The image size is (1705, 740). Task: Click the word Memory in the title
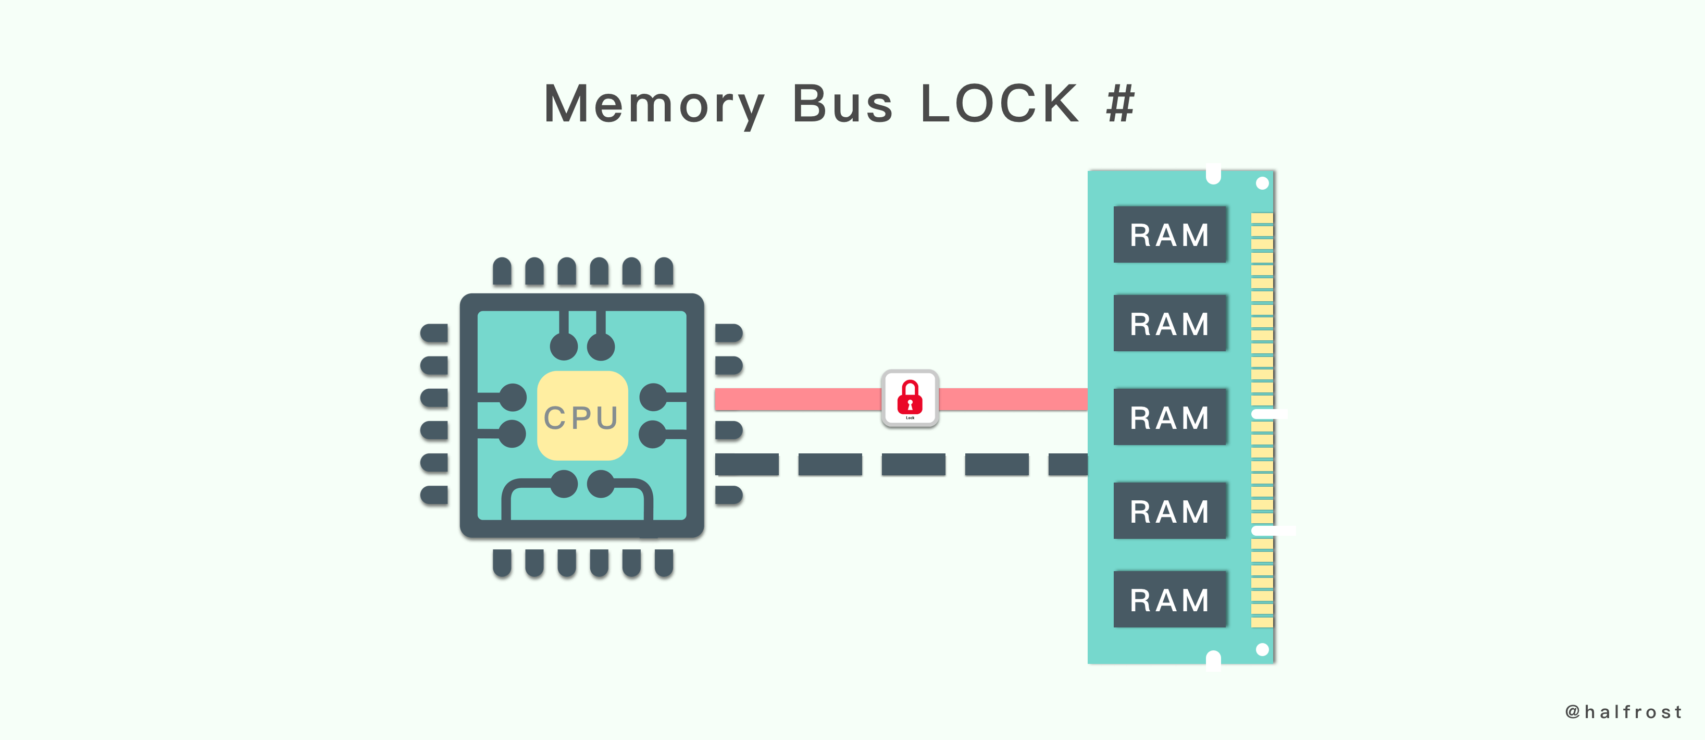(x=654, y=105)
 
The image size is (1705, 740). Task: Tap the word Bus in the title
(x=842, y=105)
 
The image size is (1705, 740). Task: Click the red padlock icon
(x=910, y=398)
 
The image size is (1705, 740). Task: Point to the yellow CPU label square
(x=582, y=416)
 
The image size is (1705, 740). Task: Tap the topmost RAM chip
(x=1169, y=235)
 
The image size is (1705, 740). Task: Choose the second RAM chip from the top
(x=1169, y=323)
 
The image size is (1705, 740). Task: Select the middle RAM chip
(x=1169, y=417)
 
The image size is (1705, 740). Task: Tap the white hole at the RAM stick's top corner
(x=1262, y=183)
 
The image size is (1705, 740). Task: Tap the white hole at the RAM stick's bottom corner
(x=1262, y=649)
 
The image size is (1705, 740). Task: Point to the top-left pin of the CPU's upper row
(x=502, y=272)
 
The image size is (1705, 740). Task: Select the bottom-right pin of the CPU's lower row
(x=664, y=563)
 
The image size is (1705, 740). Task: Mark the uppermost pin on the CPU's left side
(x=434, y=333)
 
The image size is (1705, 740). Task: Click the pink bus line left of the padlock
(x=798, y=399)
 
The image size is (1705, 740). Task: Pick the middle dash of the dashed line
(x=913, y=465)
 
